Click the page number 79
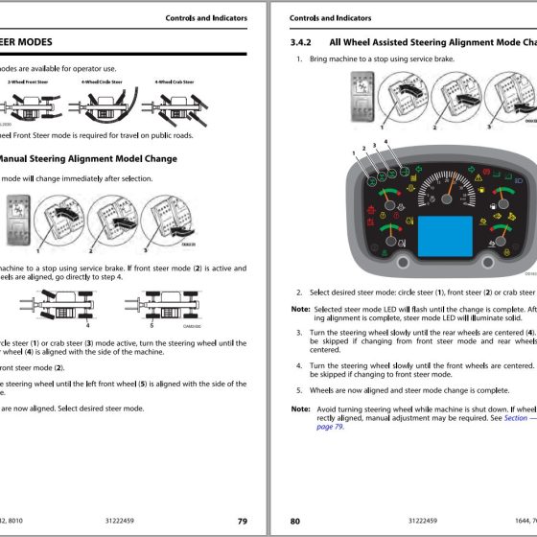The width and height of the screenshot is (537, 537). [243, 521]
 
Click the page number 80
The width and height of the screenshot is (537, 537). [295, 521]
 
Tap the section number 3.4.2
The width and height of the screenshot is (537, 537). [301, 42]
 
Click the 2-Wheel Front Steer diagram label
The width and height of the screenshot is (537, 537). [29, 82]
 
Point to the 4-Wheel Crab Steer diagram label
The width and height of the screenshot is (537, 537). [174, 82]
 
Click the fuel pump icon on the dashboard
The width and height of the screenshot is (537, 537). [492, 205]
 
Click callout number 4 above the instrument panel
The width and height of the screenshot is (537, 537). [386, 141]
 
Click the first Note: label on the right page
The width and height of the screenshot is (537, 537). [300, 309]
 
